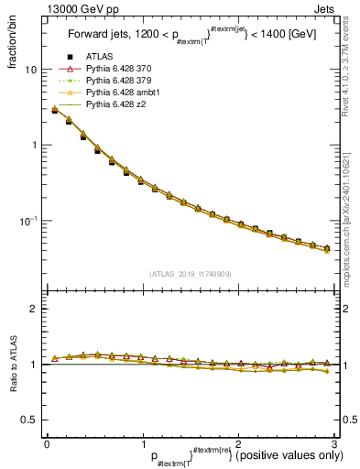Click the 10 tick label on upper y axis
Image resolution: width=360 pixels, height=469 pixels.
pos(30,70)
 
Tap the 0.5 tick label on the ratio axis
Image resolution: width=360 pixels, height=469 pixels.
pos(28,420)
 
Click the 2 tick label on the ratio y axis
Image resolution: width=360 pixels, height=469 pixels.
pos(33,309)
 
